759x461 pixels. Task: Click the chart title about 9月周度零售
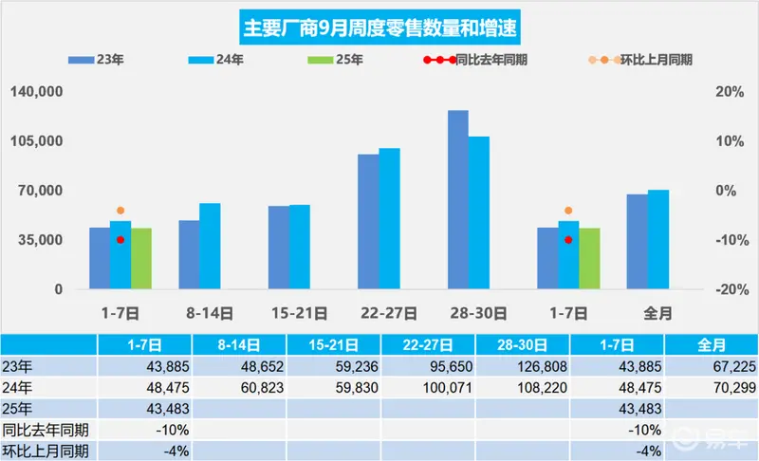click(x=380, y=28)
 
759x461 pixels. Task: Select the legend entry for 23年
click(x=96, y=60)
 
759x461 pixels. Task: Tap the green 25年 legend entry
click(x=335, y=60)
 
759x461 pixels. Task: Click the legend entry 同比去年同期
click(x=475, y=60)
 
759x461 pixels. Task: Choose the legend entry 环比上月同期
click(x=639, y=60)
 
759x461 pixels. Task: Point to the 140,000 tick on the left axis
click(x=37, y=91)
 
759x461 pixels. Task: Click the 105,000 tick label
click(x=37, y=140)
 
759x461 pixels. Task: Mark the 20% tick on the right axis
click(x=730, y=91)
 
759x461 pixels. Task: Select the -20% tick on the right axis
click(x=732, y=289)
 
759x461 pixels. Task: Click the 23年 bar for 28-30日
click(x=458, y=200)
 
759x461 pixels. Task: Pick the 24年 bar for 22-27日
click(x=389, y=219)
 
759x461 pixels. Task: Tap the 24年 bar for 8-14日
click(x=210, y=247)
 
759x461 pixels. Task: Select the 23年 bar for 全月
click(x=637, y=242)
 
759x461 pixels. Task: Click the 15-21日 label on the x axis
click(x=299, y=313)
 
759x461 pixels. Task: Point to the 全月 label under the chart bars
click(x=657, y=313)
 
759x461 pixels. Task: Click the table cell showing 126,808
click(x=523, y=367)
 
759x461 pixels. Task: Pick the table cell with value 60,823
click(x=239, y=387)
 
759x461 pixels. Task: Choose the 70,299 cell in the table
click(x=712, y=387)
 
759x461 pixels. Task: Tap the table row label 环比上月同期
click(x=46, y=451)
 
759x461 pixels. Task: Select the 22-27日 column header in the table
click(x=428, y=345)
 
